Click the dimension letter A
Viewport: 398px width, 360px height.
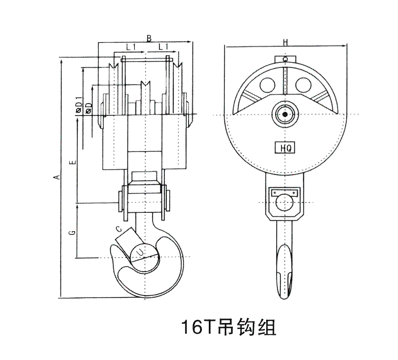pos(58,177)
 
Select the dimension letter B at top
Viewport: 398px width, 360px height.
pos(148,39)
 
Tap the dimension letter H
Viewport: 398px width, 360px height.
pos(285,42)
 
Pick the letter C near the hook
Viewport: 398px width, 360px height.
pos(118,229)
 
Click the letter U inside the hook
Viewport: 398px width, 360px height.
pos(140,252)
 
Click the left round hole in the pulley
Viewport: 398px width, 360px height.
pos(267,84)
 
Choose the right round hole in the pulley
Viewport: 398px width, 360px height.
pos(304,84)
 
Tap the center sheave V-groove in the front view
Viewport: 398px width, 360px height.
pos(145,85)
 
